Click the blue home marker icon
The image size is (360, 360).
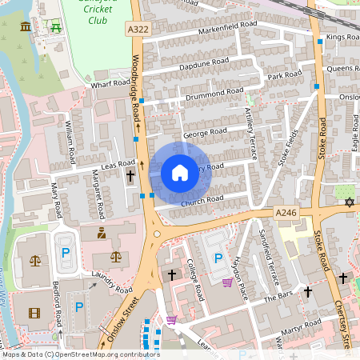coord(180,172)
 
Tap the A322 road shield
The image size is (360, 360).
coord(138,29)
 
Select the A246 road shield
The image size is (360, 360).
coord(286,212)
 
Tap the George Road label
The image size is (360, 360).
coord(205,132)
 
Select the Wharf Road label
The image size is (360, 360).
coord(110,82)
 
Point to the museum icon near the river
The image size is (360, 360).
coord(26,27)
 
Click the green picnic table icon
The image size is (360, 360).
coord(56,27)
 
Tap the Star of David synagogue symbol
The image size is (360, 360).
coord(349,202)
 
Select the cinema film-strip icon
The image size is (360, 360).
coord(34,313)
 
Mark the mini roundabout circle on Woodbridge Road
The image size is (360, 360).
coord(158,234)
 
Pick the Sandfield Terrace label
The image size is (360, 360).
coord(263,251)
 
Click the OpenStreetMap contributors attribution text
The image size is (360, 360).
coord(80,354)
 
